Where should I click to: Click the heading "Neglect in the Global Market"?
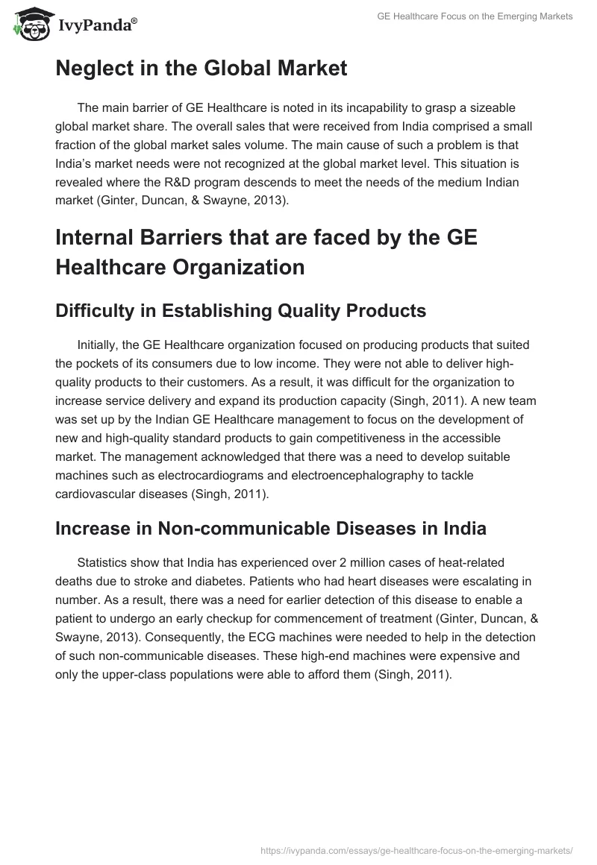[201, 69]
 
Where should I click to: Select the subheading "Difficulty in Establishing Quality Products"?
[240, 311]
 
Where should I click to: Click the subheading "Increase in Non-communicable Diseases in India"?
[271, 529]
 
